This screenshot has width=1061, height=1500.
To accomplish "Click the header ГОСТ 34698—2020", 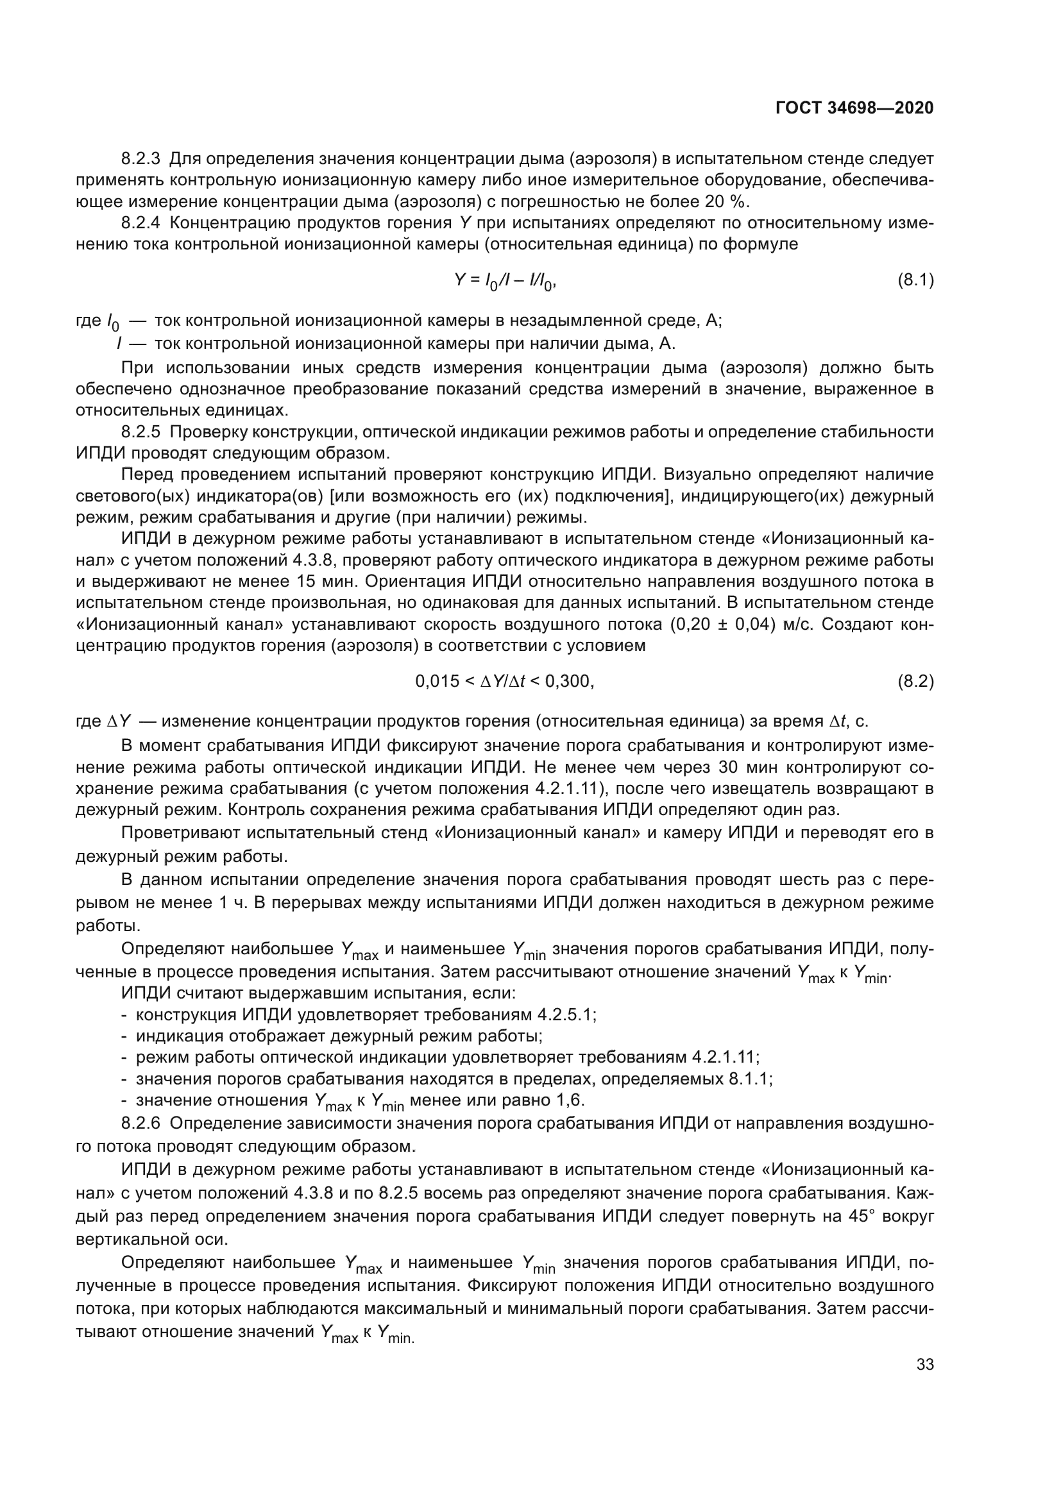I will coord(854,108).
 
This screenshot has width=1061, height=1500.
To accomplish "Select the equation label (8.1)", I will coord(915,281).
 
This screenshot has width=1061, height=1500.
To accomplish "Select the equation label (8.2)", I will coord(915,682).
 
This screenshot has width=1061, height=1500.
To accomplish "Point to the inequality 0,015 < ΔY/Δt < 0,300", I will coord(504,682).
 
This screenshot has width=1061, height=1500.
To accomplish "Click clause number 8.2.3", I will coord(140,159).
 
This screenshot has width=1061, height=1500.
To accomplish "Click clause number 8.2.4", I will coord(140,223).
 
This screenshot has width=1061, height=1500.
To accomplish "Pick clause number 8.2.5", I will coord(140,432).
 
